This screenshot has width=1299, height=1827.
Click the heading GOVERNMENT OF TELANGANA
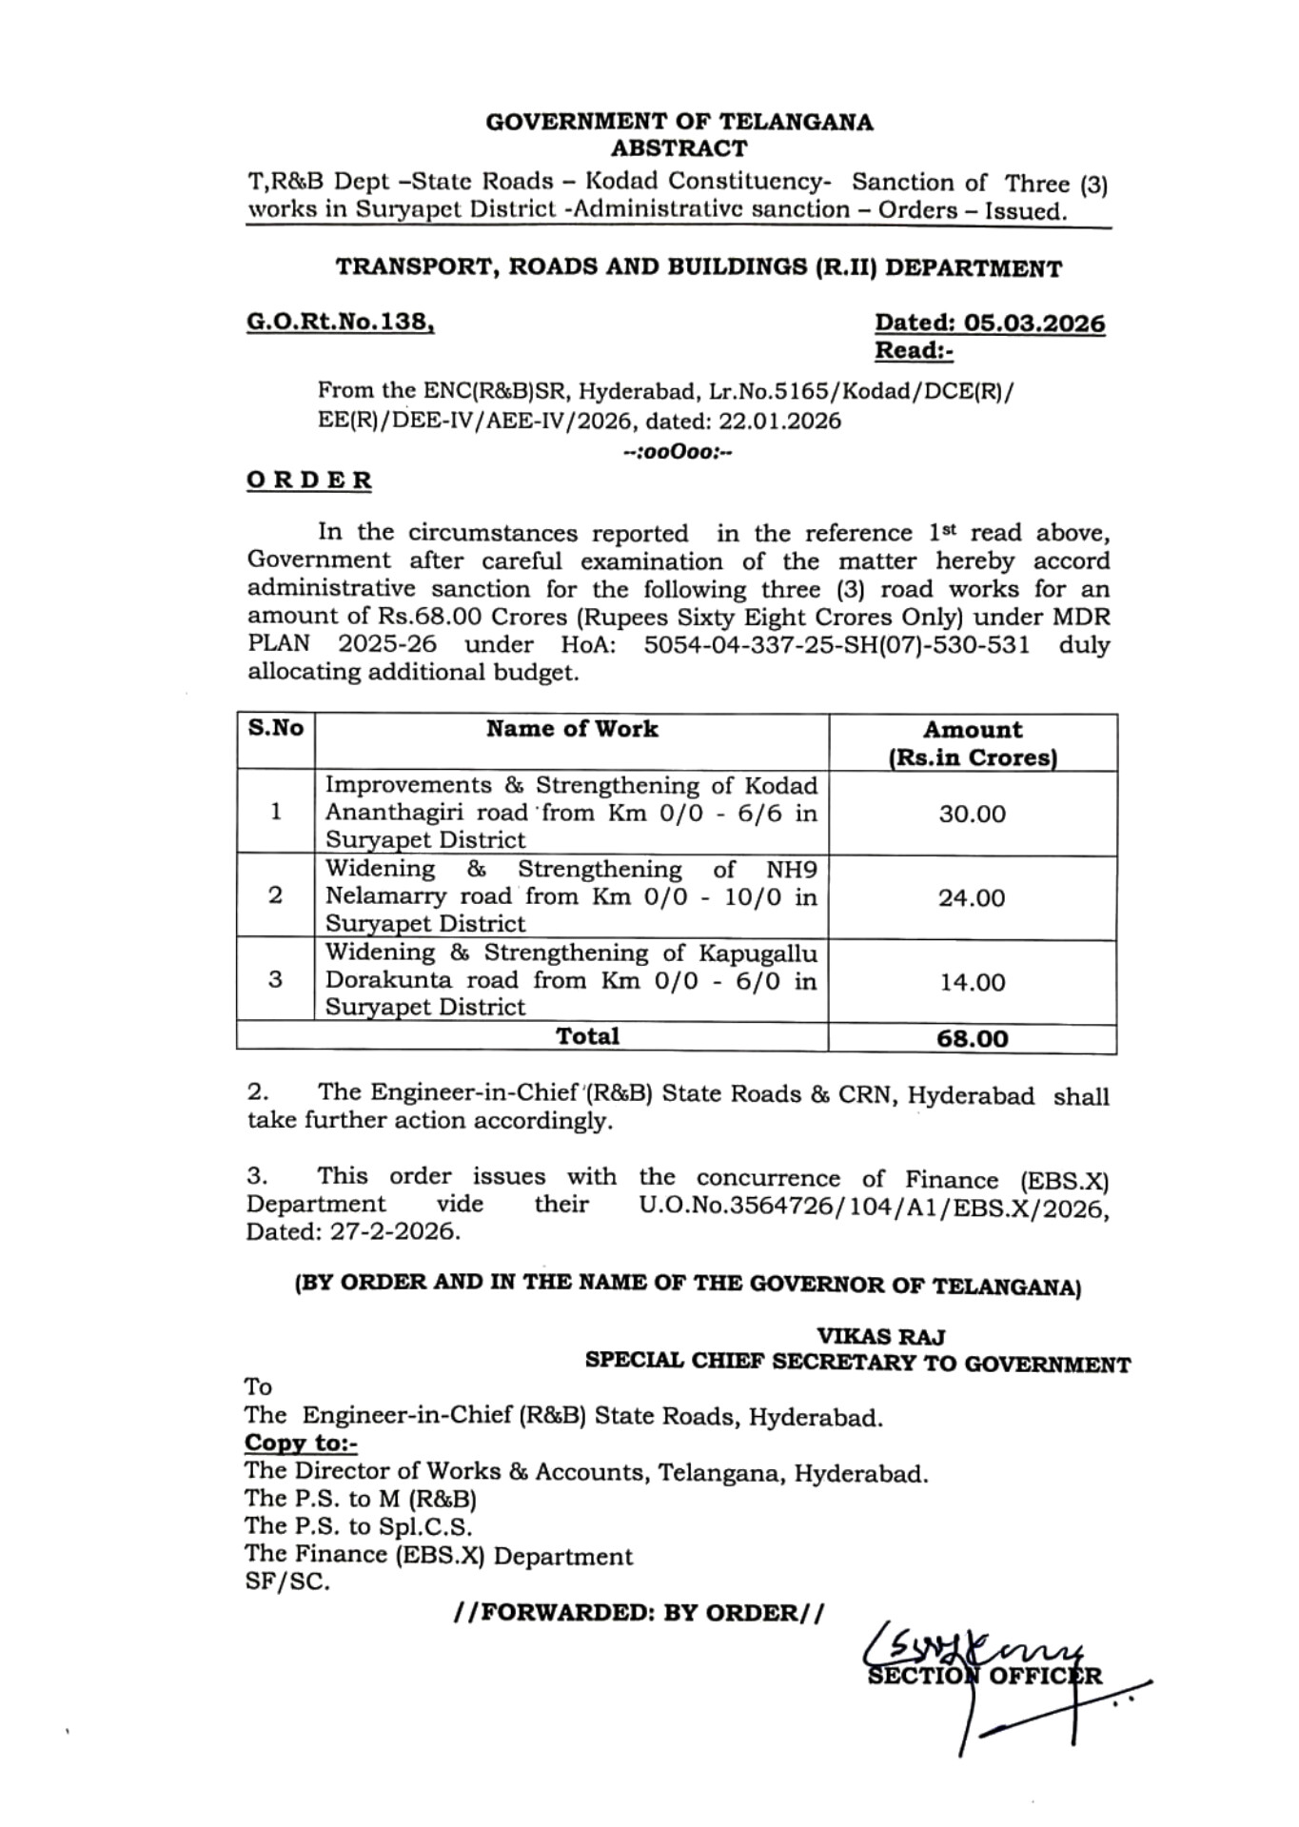click(679, 122)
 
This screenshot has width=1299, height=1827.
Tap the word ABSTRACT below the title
click(679, 148)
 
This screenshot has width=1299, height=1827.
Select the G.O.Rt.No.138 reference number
click(340, 323)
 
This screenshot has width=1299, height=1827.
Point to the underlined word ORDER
click(309, 481)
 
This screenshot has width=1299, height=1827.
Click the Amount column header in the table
click(972, 730)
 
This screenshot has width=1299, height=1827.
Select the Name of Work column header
click(572, 729)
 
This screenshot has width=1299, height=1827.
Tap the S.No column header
click(276, 729)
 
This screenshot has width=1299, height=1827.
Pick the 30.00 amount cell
click(972, 814)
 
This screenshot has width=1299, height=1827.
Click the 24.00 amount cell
click(972, 897)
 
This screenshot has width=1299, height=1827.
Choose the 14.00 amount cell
click(972, 982)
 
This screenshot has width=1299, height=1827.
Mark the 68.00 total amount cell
click(972, 1038)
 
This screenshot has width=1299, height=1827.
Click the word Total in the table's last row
click(587, 1036)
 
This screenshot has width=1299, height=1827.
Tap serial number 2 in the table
click(276, 895)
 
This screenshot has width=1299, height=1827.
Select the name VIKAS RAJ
click(880, 1337)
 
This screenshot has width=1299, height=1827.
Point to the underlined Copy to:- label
click(301, 1444)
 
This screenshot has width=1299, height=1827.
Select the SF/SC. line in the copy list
click(287, 1582)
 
